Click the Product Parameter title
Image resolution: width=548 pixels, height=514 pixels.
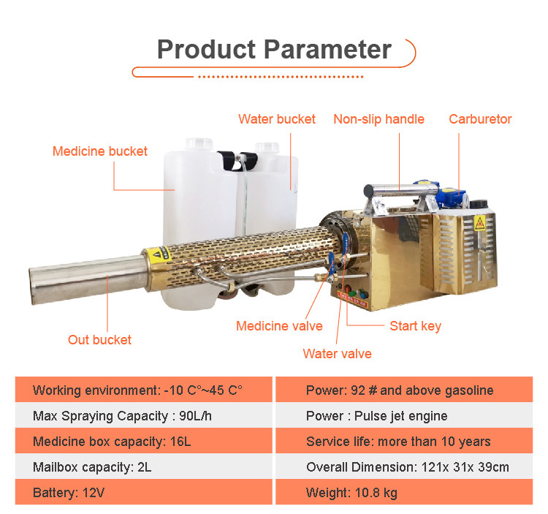tap(274, 49)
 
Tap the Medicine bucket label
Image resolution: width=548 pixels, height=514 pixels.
tap(99, 151)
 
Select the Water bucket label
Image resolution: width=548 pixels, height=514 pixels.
tap(277, 119)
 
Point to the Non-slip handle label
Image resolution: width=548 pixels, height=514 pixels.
tap(378, 119)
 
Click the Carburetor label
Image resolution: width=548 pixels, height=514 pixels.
tap(480, 119)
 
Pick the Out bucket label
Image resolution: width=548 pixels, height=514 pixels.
tap(99, 339)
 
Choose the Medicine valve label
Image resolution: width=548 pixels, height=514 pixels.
tap(279, 326)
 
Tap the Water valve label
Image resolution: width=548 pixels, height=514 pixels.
tap(337, 354)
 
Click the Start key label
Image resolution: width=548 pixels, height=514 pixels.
tap(415, 326)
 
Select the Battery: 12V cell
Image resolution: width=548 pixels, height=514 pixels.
tap(143, 492)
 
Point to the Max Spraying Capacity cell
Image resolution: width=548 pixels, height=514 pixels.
tap(143, 415)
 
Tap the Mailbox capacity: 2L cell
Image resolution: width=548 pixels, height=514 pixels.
tap(143, 466)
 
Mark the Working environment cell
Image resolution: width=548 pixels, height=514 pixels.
tap(143, 390)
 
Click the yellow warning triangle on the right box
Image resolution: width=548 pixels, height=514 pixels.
tap(480, 224)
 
